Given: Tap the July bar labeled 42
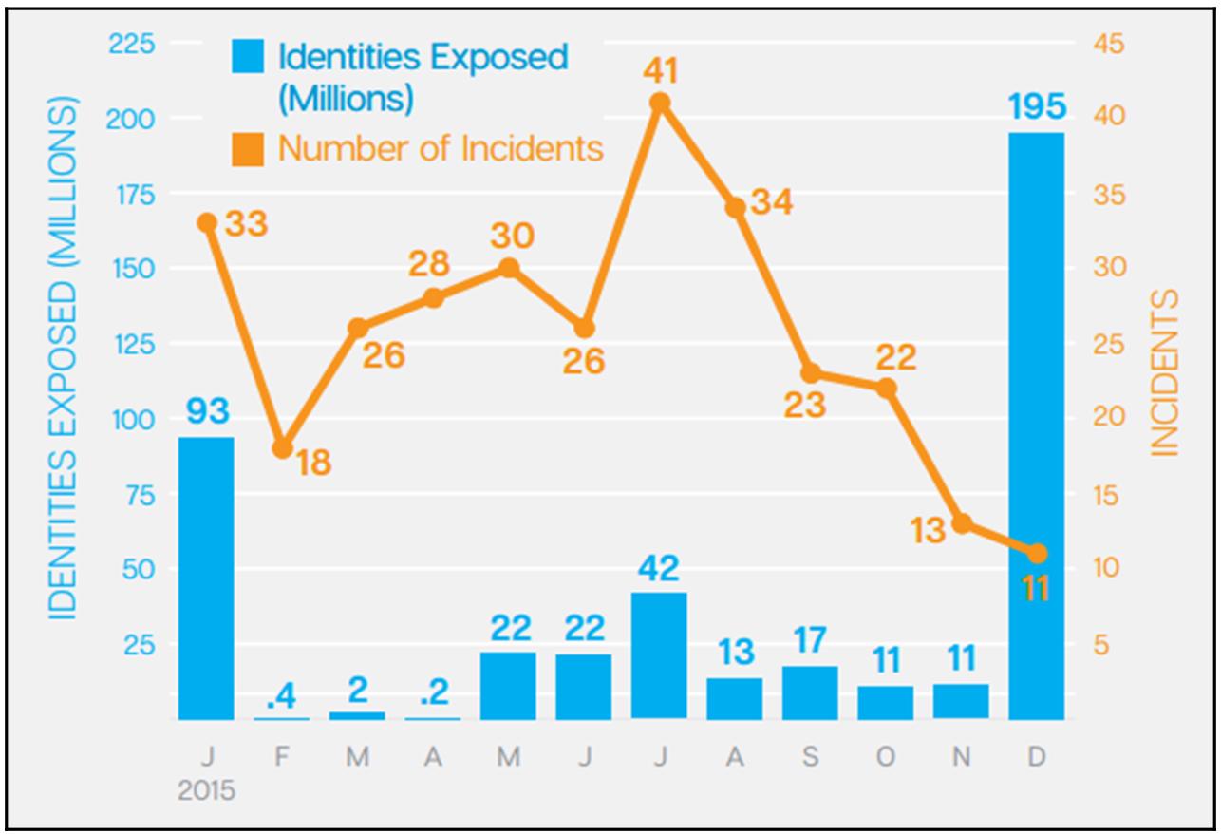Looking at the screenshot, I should (659, 655).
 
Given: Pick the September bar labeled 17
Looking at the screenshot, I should (810, 692).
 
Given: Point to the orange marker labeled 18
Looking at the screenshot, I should (282, 448).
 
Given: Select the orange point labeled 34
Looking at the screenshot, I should (735, 207).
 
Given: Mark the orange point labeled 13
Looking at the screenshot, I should (961, 523).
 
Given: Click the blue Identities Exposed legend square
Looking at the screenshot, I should (247, 58).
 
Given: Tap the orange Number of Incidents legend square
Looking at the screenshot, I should (247, 149).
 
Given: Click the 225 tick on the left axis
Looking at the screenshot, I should (134, 44).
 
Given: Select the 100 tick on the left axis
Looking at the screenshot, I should (134, 419).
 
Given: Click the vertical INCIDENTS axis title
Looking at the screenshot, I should (1165, 372).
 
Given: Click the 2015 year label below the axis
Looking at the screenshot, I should (206, 791).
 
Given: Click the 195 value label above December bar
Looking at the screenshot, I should (1036, 107).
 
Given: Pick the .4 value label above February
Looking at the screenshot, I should (282, 696).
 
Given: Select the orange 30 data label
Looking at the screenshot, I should (513, 236).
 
